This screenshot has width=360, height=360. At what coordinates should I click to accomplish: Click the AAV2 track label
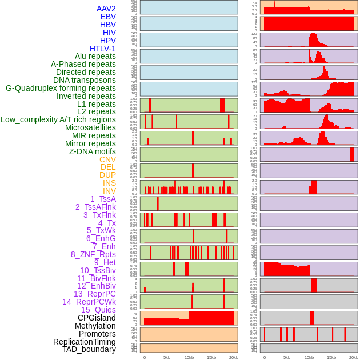[x=106, y=9]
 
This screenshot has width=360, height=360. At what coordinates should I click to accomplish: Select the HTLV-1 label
[x=102, y=49]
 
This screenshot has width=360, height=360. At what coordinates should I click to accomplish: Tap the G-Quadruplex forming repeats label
[x=61, y=88]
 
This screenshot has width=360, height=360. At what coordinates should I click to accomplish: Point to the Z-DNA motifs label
[x=93, y=151]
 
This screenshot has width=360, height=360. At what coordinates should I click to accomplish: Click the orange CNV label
[x=107, y=159]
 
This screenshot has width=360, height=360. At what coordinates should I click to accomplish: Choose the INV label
[x=109, y=191]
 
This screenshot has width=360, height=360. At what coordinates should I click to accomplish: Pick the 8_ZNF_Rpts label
[x=93, y=254]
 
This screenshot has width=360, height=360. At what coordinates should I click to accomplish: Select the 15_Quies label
[x=98, y=310]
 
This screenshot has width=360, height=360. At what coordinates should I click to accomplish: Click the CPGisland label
[x=97, y=318]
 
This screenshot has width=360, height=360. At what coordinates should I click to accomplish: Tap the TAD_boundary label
[x=89, y=349]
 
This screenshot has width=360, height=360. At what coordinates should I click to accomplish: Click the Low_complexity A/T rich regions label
[x=58, y=119]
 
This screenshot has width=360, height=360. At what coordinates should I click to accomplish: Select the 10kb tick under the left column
[x=189, y=357]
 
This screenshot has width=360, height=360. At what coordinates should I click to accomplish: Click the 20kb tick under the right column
[x=354, y=357]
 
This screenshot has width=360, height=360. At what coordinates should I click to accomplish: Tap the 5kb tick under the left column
[x=167, y=357]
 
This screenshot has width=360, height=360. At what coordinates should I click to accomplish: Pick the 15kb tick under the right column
[x=331, y=357]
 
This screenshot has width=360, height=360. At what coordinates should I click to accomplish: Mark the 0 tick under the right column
[x=264, y=357]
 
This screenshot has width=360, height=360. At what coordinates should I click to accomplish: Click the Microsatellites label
[x=90, y=127]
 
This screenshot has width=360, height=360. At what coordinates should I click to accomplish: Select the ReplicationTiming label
[x=84, y=342]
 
